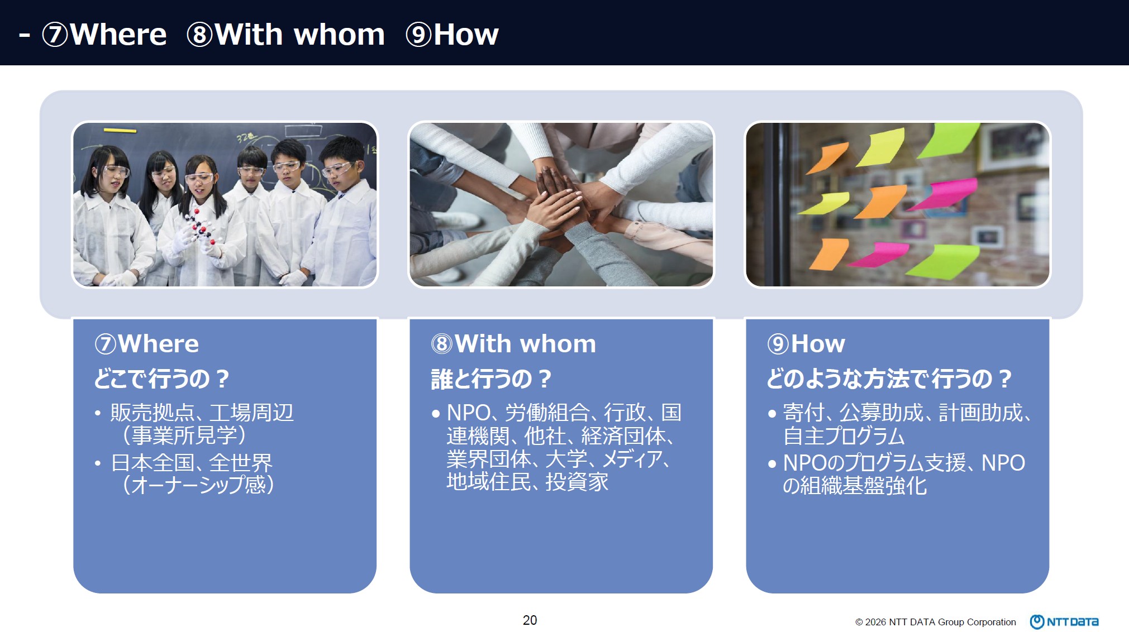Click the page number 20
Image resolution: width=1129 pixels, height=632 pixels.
[x=530, y=620]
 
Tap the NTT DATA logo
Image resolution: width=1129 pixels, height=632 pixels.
[x=1064, y=621]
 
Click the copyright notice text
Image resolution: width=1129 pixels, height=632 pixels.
[x=936, y=622]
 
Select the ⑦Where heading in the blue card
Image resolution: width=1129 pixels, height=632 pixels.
[x=146, y=343]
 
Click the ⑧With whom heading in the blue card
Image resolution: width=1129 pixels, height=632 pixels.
[x=513, y=343]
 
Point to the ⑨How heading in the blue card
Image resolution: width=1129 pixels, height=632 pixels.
[x=806, y=343]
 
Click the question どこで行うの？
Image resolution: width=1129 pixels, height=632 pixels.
[x=161, y=379]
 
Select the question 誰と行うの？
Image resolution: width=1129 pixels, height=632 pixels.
[x=491, y=379]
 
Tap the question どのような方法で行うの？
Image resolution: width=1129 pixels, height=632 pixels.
[x=889, y=379]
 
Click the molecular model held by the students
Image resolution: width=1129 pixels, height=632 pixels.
[x=198, y=226]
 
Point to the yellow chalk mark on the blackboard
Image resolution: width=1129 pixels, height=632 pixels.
[x=120, y=131]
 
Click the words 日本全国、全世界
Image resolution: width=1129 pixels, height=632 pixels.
[x=192, y=462]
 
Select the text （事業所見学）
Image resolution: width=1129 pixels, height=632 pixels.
[x=183, y=435]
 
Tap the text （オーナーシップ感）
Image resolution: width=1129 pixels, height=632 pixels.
[x=198, y=485]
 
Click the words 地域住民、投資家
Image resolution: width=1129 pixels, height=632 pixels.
[x=527, y=481]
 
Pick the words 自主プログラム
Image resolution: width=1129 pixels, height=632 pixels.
[x=844, y=435]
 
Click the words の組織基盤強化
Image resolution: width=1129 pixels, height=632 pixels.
[x=855, y=486]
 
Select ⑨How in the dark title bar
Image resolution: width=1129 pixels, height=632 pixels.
[x=452, y=35]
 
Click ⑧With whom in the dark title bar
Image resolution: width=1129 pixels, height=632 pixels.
[x=285, y=35]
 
